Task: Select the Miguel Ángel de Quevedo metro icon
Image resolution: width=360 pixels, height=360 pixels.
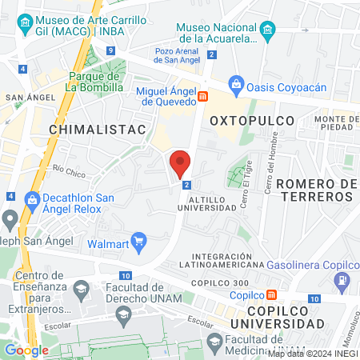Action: click(203, 97)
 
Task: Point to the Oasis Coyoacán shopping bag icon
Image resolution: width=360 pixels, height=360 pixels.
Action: click(236, 83)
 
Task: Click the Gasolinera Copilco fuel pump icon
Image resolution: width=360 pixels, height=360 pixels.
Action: click(342, 280)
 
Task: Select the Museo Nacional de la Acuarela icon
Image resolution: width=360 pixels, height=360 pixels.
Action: click(268, 30)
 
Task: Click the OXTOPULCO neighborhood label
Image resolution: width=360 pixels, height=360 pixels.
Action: click(252, 120)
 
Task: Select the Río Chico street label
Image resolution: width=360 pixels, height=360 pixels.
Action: click(69, 170)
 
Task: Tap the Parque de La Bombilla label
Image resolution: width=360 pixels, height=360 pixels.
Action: click(94, 82)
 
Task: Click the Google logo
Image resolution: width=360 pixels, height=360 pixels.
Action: click(26, 350)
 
